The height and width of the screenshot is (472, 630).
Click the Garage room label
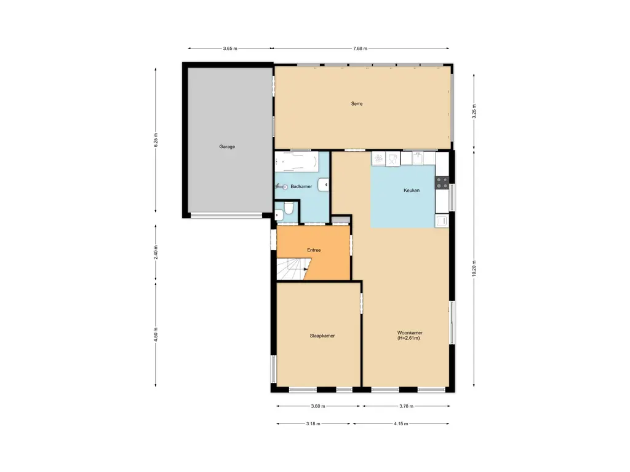(227, 147)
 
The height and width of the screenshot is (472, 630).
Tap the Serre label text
(357, 104)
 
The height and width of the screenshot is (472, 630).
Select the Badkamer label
(301, 186)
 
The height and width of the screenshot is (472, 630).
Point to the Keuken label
(412, 191)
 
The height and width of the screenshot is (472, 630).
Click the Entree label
(314, 250)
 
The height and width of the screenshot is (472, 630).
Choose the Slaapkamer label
(322, 336)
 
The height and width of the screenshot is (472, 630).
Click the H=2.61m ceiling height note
(409, 339)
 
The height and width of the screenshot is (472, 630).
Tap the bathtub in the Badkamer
(297, 162)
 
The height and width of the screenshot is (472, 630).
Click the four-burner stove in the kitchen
(442, 182)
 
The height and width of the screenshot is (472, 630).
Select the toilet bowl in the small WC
(279, 214)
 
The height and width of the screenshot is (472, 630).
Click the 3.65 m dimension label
(230, 49)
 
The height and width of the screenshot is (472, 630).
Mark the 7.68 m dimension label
(361, 49)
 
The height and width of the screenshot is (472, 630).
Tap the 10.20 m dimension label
(474, 267)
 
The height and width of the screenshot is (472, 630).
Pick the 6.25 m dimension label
(156, 140)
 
